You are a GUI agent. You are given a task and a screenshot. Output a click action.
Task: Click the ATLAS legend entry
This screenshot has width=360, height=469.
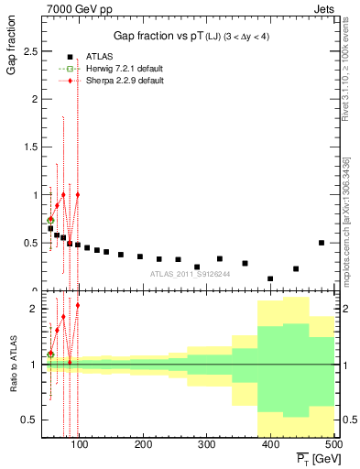(x=97, y=57)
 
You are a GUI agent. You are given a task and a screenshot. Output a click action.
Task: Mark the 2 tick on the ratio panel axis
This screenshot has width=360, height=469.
(x=34, y=309)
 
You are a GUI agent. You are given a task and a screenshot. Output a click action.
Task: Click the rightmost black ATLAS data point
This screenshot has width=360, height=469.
(x=322, y=243)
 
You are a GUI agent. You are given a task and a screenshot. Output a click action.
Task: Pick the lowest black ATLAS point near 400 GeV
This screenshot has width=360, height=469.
(x=270, y=278)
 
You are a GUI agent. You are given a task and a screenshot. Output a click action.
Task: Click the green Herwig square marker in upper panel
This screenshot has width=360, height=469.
(x=51, y=220)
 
